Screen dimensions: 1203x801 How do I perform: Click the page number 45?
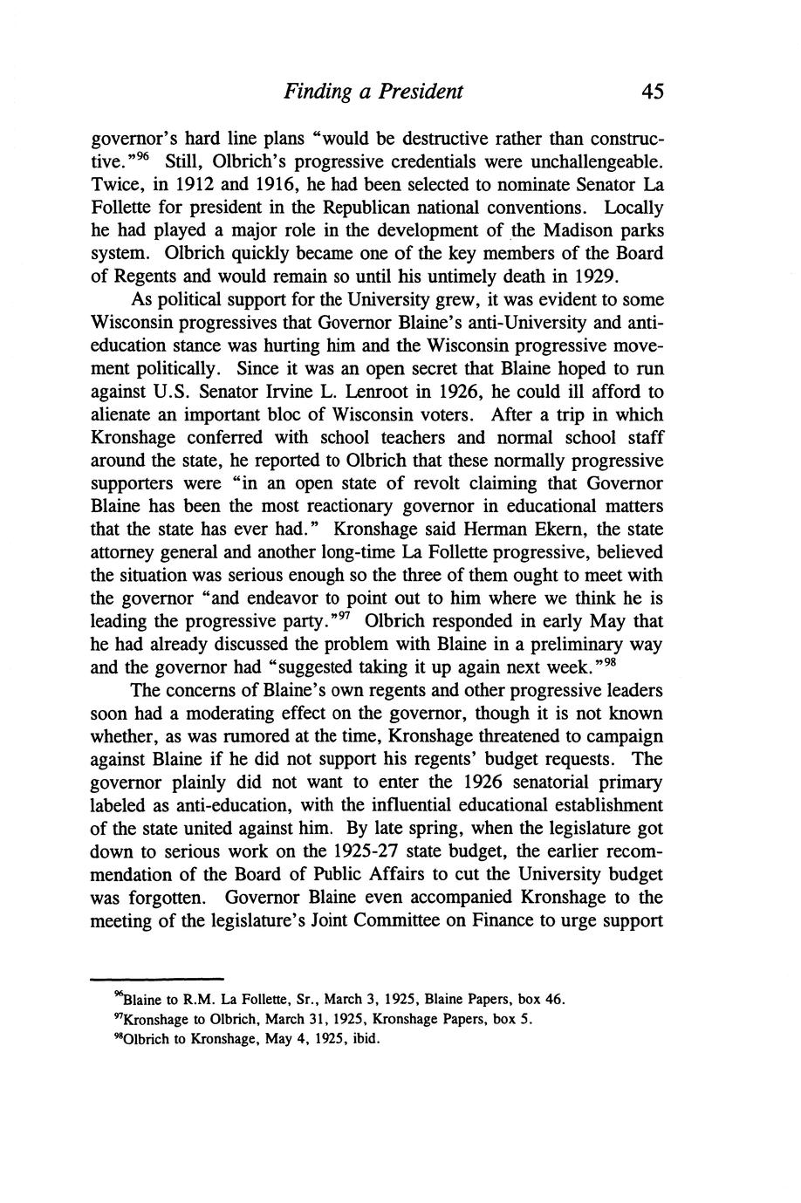651,92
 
